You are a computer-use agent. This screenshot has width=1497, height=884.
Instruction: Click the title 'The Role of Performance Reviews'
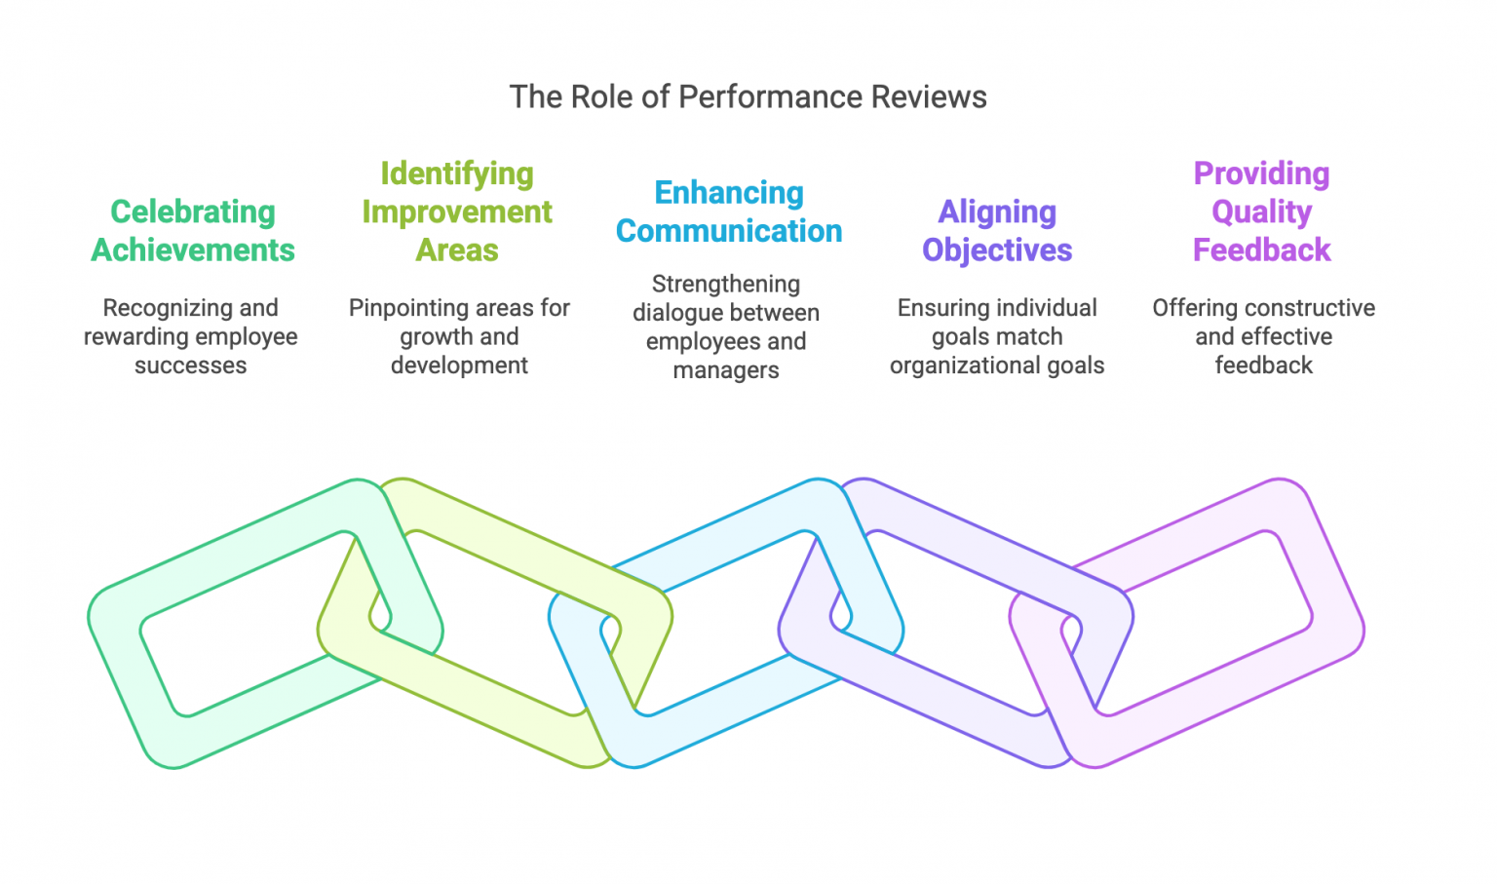click(x=748, y=97)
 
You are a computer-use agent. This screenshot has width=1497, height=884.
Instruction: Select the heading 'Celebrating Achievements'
click(x=193, y=231)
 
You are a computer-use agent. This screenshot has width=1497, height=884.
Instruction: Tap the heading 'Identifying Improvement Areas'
click(x=457, y=211)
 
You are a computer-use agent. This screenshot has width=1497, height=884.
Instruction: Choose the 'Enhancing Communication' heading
click(x=729, y=211)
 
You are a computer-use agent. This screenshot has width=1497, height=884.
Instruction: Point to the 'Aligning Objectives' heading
click(x=997, y=231)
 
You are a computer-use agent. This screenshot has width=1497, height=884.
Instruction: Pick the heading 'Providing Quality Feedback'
click(x=1261, y=211)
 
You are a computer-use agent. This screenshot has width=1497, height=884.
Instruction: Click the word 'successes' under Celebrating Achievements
click(x=191, y=365)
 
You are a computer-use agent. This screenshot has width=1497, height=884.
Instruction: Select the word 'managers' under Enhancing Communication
click(x=726, y=370)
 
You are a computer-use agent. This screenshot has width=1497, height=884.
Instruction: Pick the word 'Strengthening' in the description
click(x=726, y=285)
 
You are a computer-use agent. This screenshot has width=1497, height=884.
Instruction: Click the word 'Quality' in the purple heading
click(x=1261, y=211)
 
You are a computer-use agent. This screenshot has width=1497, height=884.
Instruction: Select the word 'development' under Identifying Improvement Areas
click(x=459, y=365)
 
